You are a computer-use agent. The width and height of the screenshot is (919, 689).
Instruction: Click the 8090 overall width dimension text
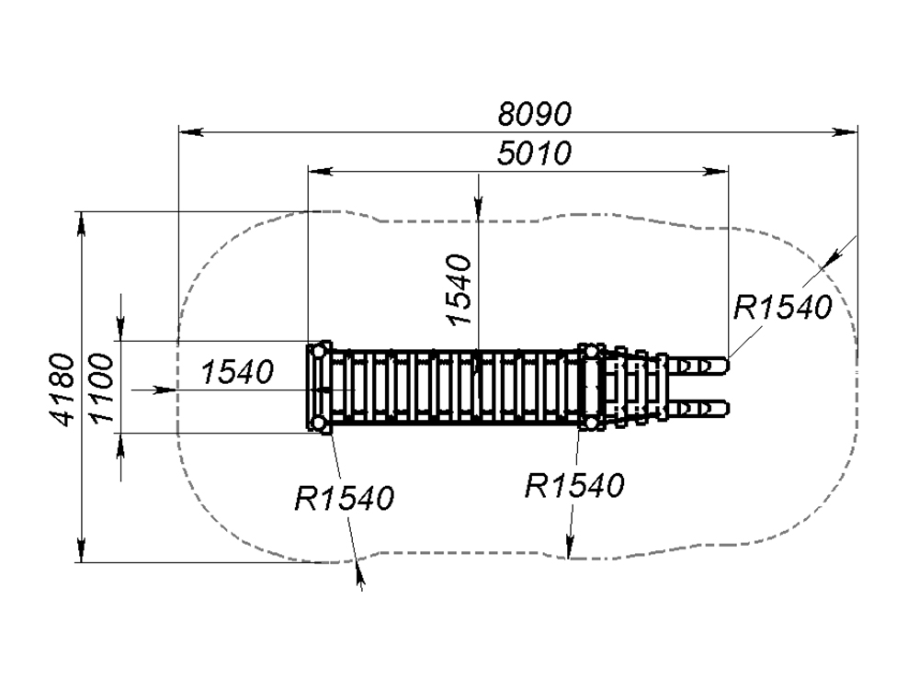tap(535, 114)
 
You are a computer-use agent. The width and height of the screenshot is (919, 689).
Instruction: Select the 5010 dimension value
tap(535, 152)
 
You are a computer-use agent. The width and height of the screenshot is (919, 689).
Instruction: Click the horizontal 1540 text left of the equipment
tap(237, 372)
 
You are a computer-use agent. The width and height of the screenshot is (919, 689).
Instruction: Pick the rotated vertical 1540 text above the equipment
tap(459, 289)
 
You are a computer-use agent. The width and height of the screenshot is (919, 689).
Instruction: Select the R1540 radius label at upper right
tap(782, 307)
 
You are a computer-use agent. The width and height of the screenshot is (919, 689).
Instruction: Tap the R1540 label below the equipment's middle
tap(574, 484)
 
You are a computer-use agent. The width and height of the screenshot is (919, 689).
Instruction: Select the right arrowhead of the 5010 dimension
tap(719, 170)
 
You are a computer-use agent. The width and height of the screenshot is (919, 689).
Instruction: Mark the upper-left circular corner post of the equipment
tap(319, 352)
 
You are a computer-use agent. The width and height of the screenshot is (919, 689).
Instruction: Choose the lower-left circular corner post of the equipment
tap(319, 423)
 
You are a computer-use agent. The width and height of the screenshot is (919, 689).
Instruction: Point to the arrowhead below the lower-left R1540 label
tap(359, 574)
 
